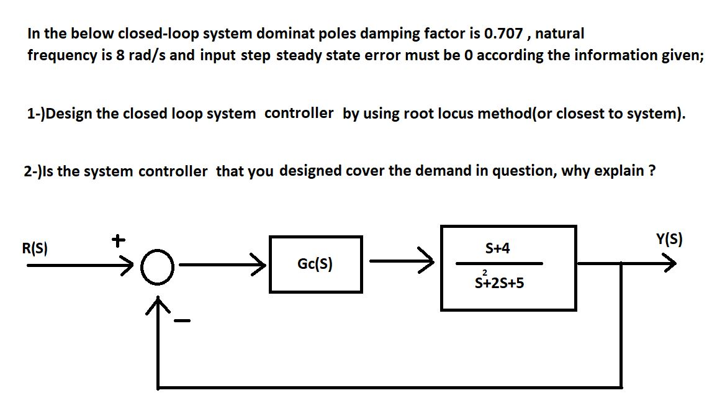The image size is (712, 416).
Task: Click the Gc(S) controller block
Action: coord(315,265)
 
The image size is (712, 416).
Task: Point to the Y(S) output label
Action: coord(669,240)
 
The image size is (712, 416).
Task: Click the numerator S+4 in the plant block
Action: coord(498,248)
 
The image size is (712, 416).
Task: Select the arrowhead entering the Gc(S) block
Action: coord(260,265)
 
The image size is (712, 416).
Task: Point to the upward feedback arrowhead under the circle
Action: coord(160,305)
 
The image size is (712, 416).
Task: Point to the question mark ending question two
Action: coord(652,171)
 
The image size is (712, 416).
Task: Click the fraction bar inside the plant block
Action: coord(499,264)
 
